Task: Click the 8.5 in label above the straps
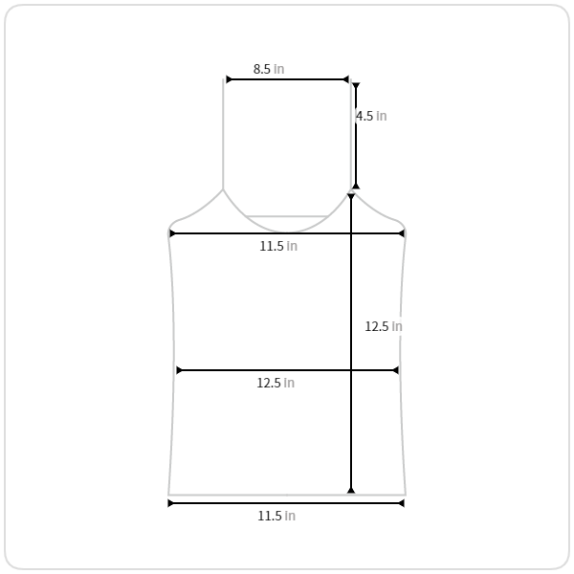(269, 69)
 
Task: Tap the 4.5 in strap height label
(371, 116)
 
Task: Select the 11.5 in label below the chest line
(278, 246)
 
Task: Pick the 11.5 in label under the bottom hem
(276, 516)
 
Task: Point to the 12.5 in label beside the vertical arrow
(384, 326)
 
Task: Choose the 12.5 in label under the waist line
(276, 383)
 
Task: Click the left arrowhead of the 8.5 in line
(229, 79)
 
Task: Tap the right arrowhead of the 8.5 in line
(346, 79)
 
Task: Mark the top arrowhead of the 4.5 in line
(356, 86)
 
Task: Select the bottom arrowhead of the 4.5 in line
(356, 186)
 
